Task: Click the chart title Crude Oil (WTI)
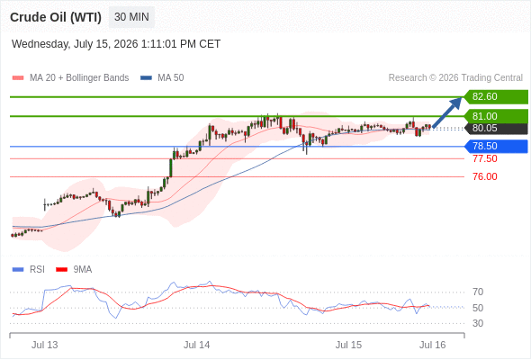point(56,17)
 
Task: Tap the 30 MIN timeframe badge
point(131,17)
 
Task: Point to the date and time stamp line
point(116,44)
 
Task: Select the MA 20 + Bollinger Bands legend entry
point(70,78)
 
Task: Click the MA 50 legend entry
point(162,78)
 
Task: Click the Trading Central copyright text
point(455,78)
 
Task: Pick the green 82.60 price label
point(496,97)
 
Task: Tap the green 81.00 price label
point(496,116)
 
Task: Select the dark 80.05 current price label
point(496,129)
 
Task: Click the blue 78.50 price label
point(496,147)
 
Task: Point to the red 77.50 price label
point(485,158)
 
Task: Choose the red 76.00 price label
point(485,176)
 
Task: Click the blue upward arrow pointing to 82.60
point(447,112)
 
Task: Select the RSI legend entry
point(29,270)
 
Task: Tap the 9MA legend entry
point(74,270)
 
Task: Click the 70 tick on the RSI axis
point(478,292)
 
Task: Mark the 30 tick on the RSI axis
point(478,323)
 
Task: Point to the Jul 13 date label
point(45,345)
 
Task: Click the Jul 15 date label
point(348,345)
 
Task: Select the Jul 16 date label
point(433,345)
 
